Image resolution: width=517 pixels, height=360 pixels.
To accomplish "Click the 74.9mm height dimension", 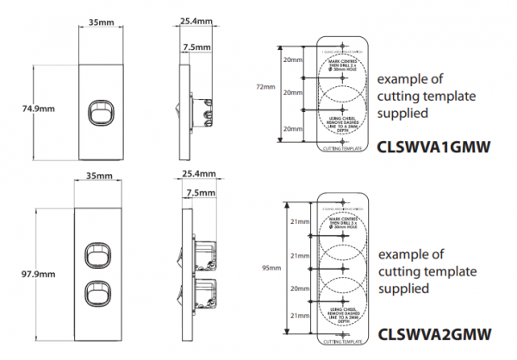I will click(38, 109).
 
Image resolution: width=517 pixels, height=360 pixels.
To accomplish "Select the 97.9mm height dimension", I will click(38, 275).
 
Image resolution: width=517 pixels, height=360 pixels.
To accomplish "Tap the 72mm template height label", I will click(266, 88).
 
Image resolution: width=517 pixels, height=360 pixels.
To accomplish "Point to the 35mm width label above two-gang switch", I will click(101, 177).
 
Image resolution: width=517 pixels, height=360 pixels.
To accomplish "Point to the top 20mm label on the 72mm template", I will click(293, 60).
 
